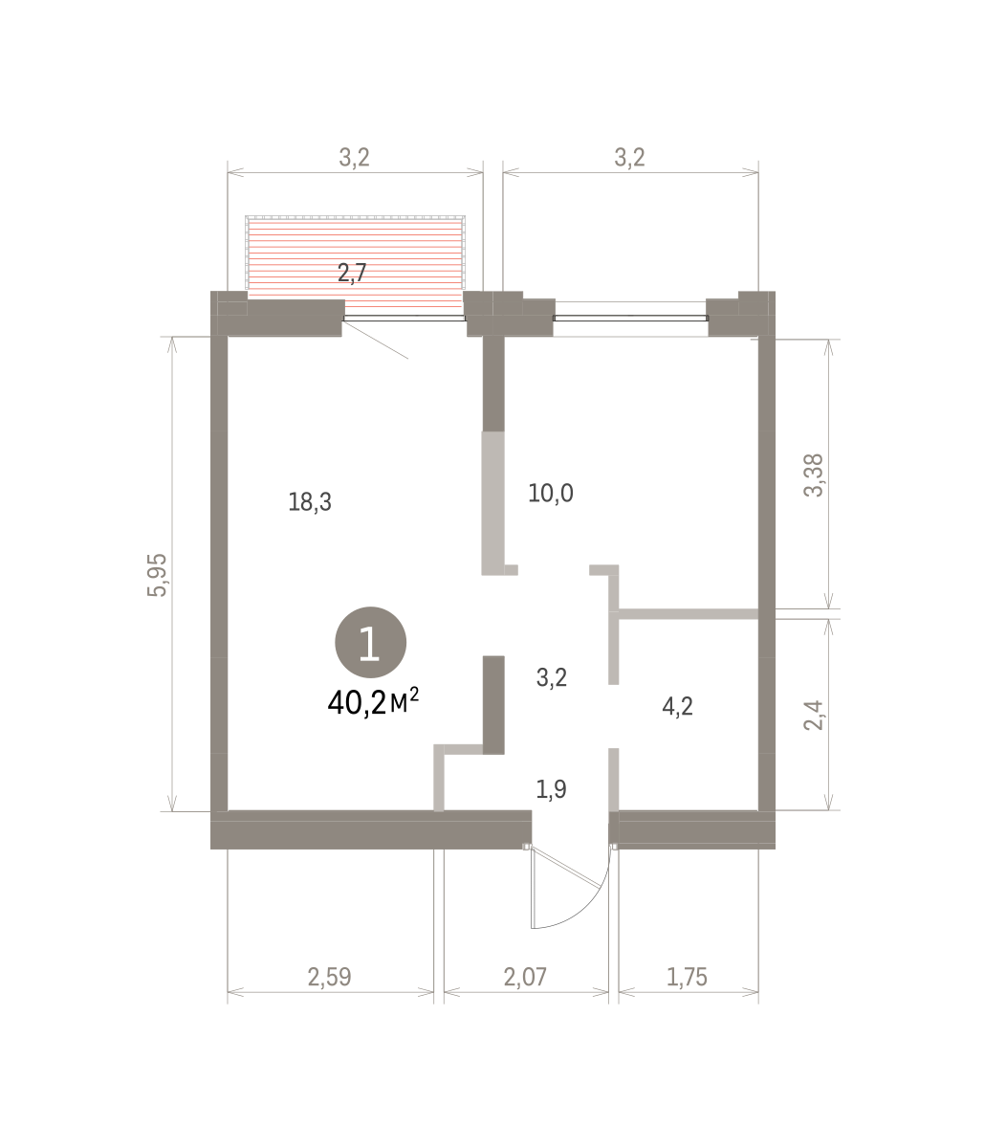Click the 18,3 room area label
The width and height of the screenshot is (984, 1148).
(310, 502)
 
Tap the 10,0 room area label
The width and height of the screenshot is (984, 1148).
(550, 493)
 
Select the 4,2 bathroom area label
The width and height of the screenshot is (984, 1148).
(677, 706)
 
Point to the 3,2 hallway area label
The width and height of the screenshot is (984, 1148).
(552, 677)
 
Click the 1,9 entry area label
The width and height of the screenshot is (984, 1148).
(551, 788)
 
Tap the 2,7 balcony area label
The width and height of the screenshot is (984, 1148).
(352, 273)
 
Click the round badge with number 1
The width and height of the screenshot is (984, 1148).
(370, 642)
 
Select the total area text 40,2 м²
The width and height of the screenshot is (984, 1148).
(373, 702)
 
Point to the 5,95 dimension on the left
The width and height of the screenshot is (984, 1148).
(157, 575)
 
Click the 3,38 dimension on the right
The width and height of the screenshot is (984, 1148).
(814, 475)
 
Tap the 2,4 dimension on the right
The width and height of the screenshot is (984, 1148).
(814, 715)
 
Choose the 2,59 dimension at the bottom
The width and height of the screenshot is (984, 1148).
(329, 977)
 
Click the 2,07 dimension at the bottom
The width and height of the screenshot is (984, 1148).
(525, 977)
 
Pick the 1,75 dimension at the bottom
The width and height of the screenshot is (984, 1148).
(687, 977)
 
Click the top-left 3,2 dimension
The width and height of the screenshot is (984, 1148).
(354, 158)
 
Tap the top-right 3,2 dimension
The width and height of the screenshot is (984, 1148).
(630, 158)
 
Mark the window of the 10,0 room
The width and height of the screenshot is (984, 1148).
(630, 319)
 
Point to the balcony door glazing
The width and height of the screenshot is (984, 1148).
(404, 319)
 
